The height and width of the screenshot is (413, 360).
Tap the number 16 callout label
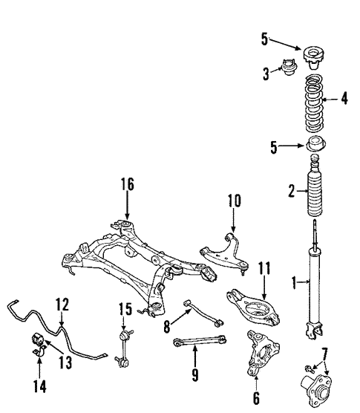tap(129, 184)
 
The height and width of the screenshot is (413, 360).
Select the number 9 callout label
tap(194, 374)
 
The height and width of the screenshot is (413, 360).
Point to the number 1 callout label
tap(294, 282)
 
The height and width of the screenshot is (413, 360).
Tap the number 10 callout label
tap(235, 200)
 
